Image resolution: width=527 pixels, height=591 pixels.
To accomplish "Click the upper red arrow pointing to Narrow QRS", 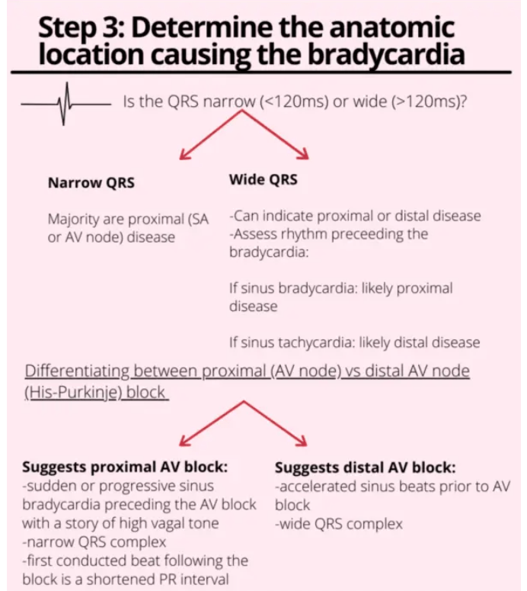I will [209, 136].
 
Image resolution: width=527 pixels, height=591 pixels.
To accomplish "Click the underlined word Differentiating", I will [77, 371].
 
